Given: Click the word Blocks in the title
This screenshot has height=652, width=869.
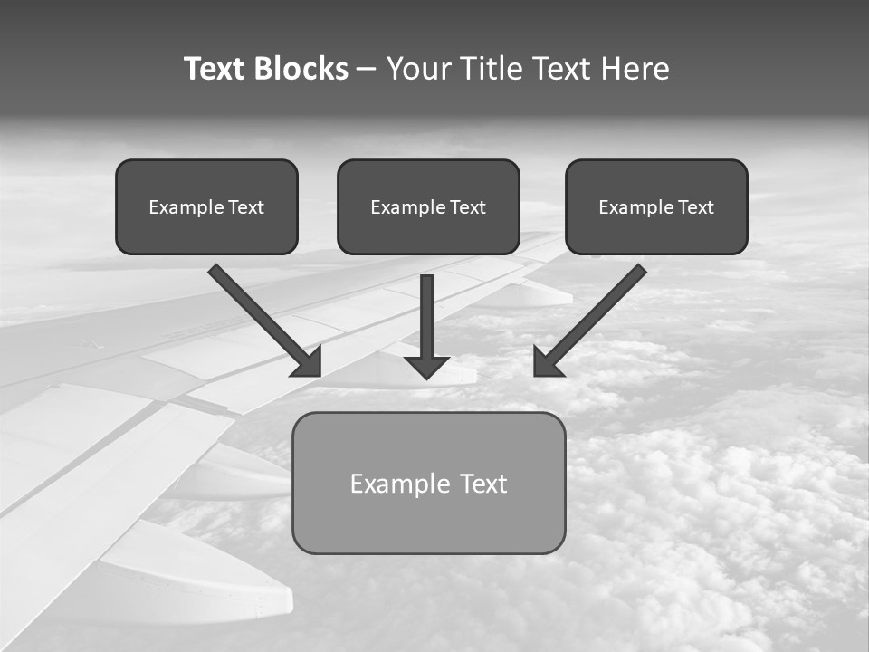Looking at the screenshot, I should (301, 69).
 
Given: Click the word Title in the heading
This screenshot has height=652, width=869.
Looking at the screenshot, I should (489, 69).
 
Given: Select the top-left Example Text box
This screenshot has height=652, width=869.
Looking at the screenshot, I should (206, 206).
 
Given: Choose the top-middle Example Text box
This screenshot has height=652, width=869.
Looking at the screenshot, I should (428, 206).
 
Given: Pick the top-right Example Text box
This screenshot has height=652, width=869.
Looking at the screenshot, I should (656, 206).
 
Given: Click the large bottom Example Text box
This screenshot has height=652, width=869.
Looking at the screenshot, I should (428, 483).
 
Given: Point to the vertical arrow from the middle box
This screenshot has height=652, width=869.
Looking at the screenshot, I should (426, 312).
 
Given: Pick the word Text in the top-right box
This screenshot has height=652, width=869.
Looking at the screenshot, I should (696, 207).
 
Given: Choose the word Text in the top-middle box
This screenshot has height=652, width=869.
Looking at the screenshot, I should (468, 207).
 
